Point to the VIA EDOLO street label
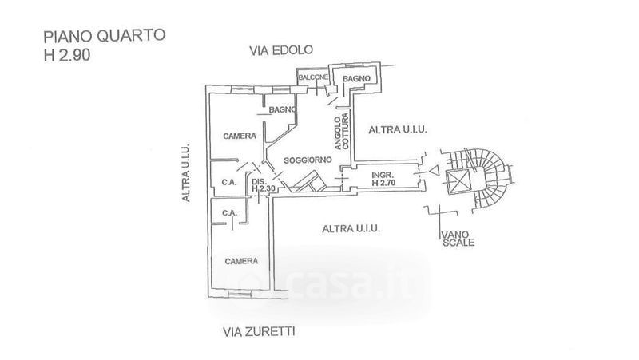[x=282, y=51]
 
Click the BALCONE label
[x=314, y=77]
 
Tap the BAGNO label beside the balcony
[x=355, y=77]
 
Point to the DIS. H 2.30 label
[x=263, y=184]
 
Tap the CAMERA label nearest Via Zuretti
[x=240, y=261]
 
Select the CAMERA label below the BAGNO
[x=238, y=135]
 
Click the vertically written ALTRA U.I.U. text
[x=185, y=172]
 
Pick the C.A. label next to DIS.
[x=228, y=182]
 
